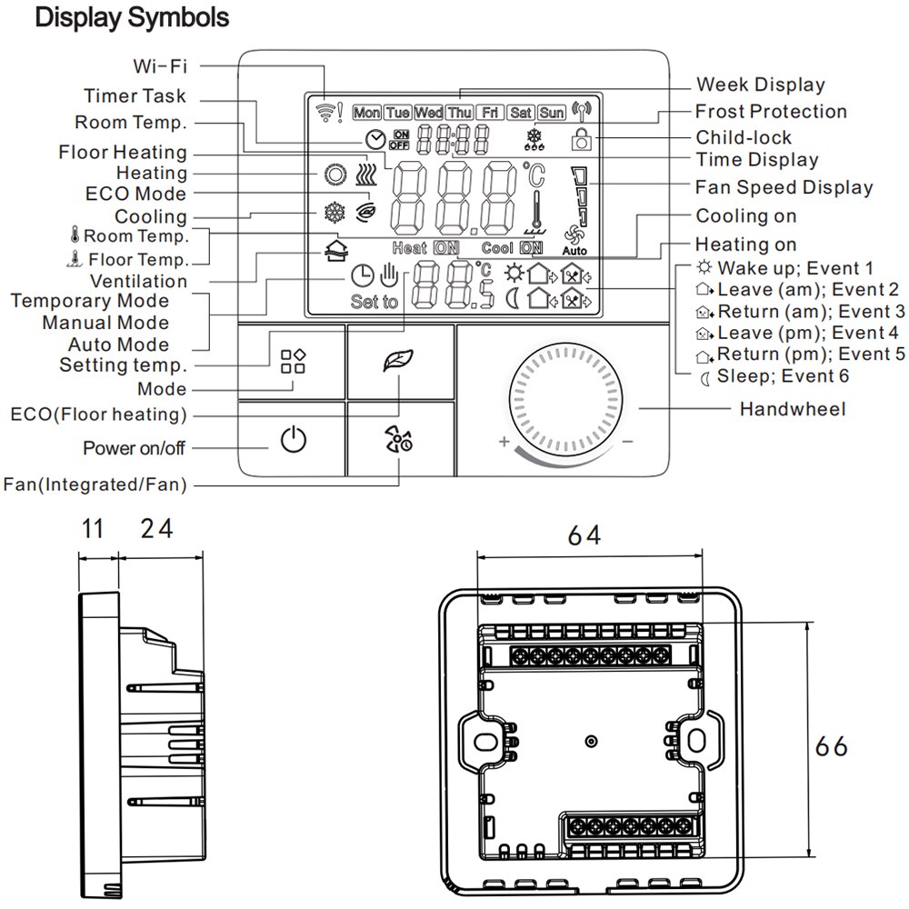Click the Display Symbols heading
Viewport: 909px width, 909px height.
pyautogui.click(x=132, y=17)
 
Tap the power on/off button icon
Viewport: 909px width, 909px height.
pyautogui.click(x=293, y=442)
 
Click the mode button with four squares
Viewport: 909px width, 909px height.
pyautogui.click(x=293, y=361)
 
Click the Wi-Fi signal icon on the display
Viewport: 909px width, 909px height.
pyautogui.click(x=323, y=111)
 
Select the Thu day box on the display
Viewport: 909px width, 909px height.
pyautogui.click(x=459, y=113)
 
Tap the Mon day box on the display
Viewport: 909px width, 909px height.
pyautogui.click(x=366, y=113)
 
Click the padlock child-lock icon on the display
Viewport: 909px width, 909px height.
pyautogui.click(x=580, y=138)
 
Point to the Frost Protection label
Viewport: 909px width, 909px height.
pyautogui.click(x=771, y=112)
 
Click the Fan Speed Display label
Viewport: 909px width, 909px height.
pyautogui.click(x=784, y=188)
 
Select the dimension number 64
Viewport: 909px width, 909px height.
pyautogui.click(x=585, y=536)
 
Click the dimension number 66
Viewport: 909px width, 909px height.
pyautogui.click(x=831, y=746)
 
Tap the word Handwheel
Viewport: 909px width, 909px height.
pyautogui.click(x=792, y=409)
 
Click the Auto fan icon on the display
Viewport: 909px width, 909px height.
pyautogui.click(x=574, y=240)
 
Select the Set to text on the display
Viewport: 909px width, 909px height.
pyautogui.click(x=374, y=302)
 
